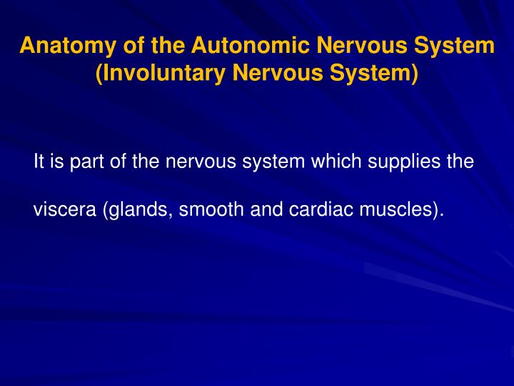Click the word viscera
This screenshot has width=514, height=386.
tap(66, 210)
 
